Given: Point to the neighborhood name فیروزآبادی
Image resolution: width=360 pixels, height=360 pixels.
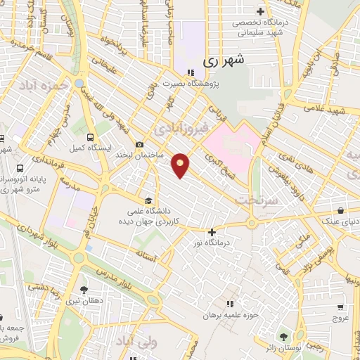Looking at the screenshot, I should pyautogui.click(x=181, y=129).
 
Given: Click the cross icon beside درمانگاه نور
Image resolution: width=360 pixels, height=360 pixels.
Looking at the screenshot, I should pyautogui.click(x=212, y=231).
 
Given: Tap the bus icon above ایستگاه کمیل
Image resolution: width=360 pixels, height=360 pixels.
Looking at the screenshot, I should pyautogui.click(x=90, y=138).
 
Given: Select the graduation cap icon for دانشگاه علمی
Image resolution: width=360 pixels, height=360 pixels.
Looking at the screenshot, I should pyautogui.click(x=148, y=199).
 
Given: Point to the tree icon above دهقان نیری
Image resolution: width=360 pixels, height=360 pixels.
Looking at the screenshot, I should pyautogui.click(x=84, y=290).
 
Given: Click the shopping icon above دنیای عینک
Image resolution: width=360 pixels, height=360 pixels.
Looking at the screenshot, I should pyautogui.click(x=340, y=210).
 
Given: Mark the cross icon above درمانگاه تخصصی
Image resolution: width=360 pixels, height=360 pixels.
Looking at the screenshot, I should pyautogui.click(x=261, y=11).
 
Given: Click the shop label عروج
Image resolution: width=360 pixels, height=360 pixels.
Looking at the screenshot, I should pyautogui.click(x=340, y=318).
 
